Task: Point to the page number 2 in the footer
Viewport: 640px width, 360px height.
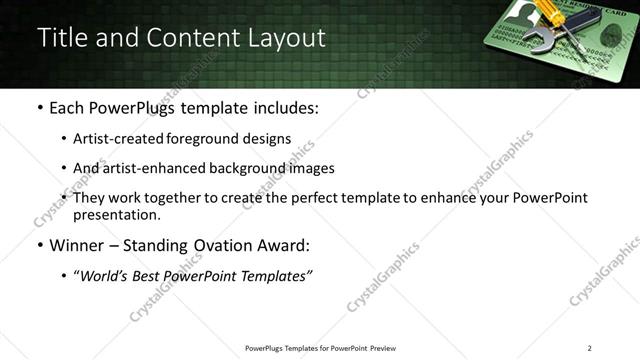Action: point(589,348)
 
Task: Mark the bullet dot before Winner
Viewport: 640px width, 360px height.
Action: point(38,246)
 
